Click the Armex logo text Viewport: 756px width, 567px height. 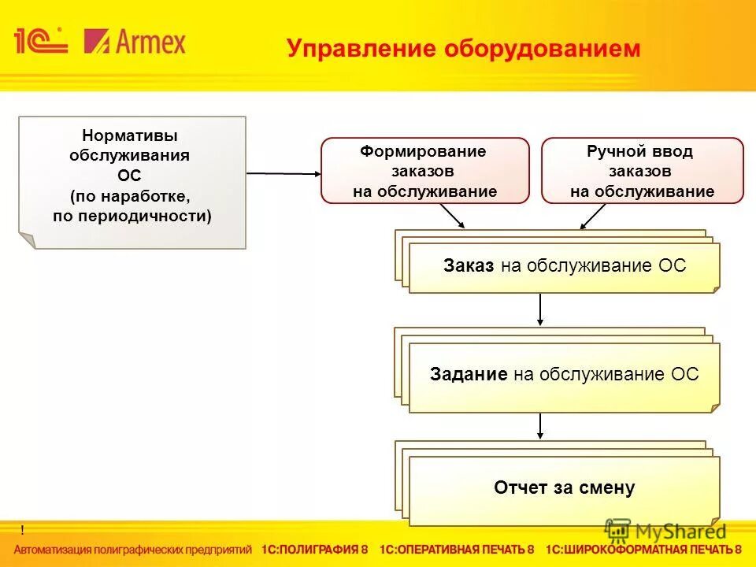pos(135,40)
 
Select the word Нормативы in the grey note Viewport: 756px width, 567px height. pos(129,136)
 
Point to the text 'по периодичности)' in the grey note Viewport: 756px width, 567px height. pos(132,215)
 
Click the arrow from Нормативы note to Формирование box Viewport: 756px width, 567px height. pos(283,173)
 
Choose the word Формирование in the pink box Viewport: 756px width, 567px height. pos(424,151)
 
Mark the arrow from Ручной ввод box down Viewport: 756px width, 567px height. pos(593,217)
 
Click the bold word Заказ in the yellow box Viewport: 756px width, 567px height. pos(469,266)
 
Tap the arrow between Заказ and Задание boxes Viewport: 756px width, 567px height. pos(540,309)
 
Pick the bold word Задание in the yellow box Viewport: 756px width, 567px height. pos(469,375)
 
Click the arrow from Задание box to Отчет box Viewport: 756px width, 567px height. pos(540,425)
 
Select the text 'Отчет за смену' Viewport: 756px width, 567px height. pos(564,488)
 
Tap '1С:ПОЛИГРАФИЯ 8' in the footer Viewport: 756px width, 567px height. pos(314,550)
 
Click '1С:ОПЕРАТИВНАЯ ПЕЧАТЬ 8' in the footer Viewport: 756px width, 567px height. pos(457,550)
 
